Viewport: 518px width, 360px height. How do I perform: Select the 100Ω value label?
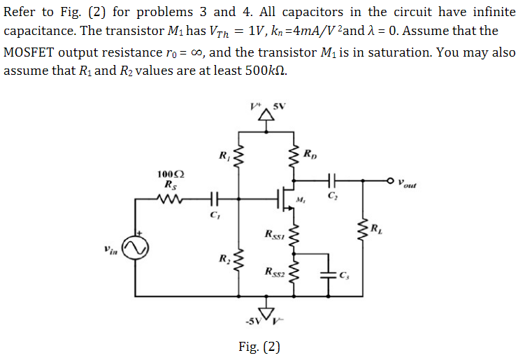coord(168,173)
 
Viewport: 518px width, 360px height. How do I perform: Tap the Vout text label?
coord(410,183)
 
